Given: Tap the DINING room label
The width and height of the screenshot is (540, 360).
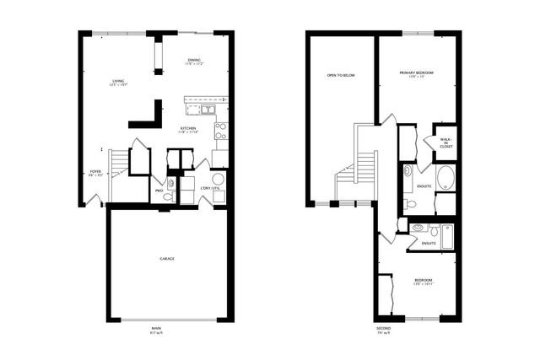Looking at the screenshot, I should (x=194, y=61).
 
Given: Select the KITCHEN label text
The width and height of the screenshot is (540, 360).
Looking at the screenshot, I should (x=188, y=128).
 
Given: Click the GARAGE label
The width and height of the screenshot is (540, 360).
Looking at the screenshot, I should (x=167, y=258).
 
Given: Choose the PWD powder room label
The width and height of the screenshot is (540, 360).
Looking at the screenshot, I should (x=159, y=191).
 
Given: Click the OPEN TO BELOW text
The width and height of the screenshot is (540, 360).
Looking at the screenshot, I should (x=341, y=75).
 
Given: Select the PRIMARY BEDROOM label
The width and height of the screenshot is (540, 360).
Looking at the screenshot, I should (x=417, y=73).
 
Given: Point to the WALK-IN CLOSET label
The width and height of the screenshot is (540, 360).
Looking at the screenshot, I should (x=445, y=142).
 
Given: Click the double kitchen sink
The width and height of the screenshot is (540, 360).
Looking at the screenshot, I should (x=202, y=108).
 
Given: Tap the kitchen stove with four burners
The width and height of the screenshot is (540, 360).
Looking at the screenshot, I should (x=220, y=130).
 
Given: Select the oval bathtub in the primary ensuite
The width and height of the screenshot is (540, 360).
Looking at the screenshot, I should (x=445, y=178).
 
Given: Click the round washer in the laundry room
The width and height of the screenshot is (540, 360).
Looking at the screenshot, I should (x=218, y=179).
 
